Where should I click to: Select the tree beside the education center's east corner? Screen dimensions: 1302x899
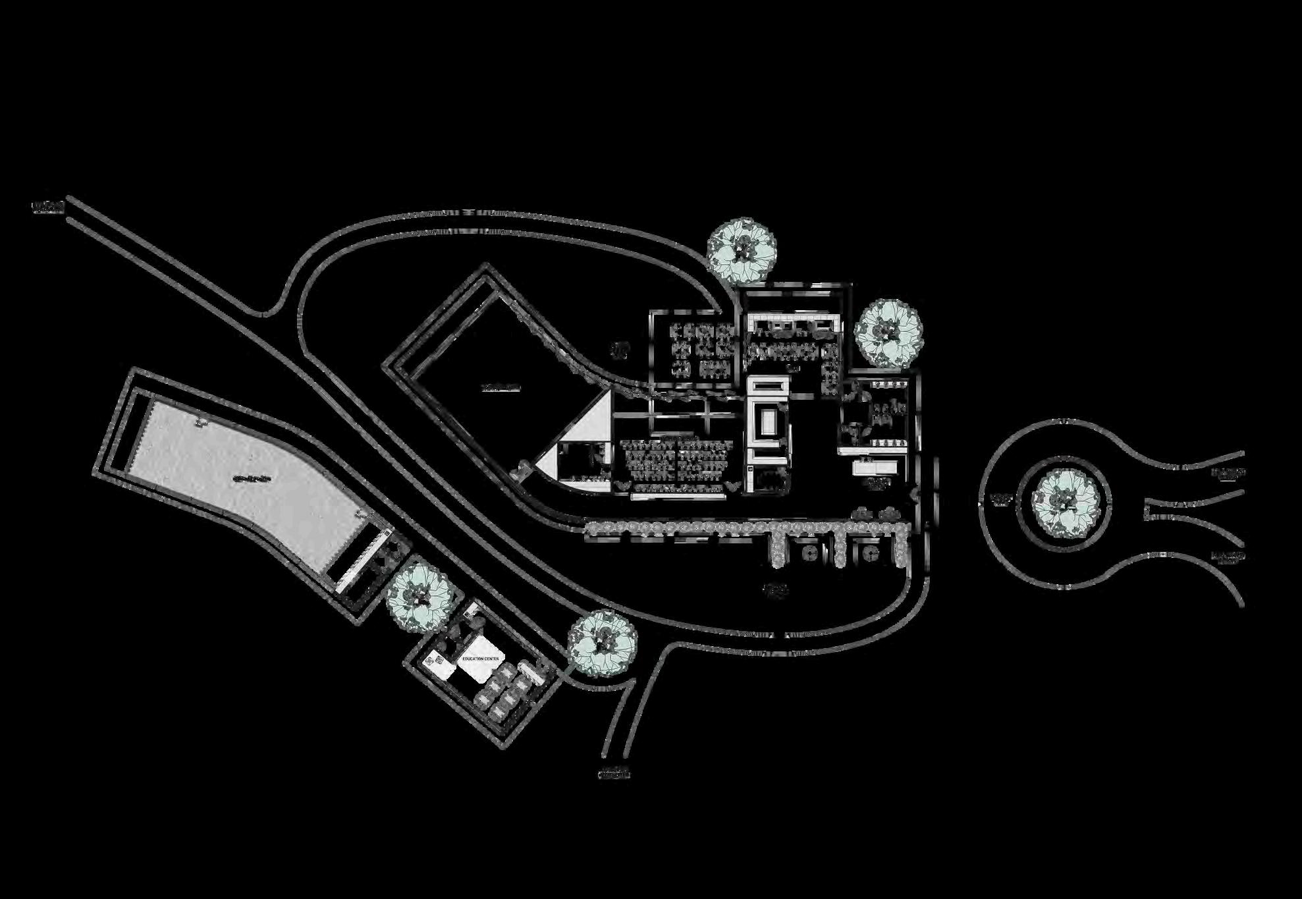tap(602, 643)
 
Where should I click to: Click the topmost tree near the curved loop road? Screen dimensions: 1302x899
tap(741, 251)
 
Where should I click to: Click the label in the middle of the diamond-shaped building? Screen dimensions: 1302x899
tap(500, 388)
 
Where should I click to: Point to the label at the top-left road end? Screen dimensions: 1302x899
tap(48, 208)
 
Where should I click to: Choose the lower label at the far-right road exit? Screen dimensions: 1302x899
tap(1229, 557)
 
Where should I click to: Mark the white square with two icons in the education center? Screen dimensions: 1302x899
tap(440, 661)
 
